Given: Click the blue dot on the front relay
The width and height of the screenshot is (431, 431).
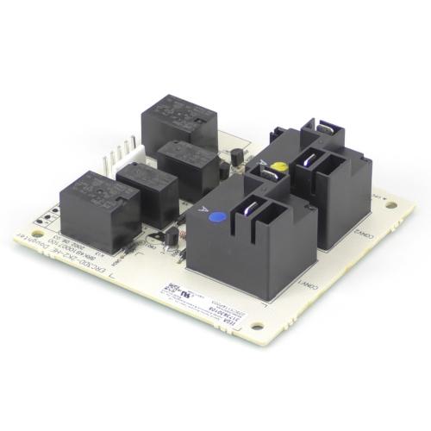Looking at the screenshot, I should [x=218, y=217].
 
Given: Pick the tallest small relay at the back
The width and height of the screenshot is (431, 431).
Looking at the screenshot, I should [x=173, y=121].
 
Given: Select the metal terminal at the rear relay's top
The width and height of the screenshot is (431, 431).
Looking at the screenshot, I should [x=327, y=128].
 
